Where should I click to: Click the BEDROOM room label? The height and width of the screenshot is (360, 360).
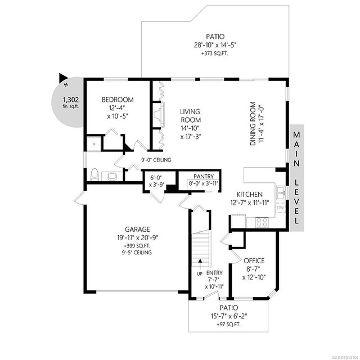coord(118,100)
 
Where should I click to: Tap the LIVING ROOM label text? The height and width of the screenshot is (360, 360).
coord(190,116)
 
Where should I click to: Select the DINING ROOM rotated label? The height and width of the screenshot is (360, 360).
coord(253,124)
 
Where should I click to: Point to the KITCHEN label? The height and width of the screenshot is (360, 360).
coord(250,195)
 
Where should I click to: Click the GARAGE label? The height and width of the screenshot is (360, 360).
coord(137,229)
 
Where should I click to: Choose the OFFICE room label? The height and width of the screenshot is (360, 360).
coord(254,261)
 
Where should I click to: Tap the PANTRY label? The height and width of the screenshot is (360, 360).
coord(204,176)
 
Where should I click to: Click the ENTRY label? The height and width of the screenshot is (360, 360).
coord(214,273)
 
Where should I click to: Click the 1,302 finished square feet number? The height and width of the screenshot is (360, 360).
coord(71,100)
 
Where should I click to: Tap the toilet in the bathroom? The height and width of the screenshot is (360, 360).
coord(94,174)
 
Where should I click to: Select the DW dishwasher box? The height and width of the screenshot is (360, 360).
coord(280,208)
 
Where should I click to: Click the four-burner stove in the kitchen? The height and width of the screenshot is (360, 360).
coord(262,222)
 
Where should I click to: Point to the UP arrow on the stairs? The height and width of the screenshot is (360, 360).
coord(200,264)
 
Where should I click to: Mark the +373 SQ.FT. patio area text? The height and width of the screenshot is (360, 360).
coord(215,54)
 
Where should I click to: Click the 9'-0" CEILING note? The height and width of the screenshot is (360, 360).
coord(156,160)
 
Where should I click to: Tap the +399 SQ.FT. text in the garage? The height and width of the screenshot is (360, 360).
coord(137,246)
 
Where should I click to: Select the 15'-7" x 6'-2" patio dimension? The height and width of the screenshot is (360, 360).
coord(229,316)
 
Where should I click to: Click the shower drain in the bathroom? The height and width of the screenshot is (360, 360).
coord(94,144)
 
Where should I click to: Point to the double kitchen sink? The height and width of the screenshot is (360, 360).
coord(281,192)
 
